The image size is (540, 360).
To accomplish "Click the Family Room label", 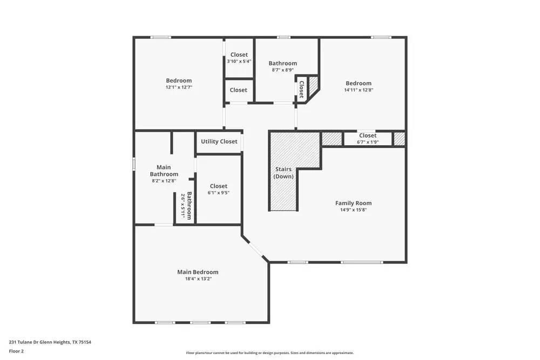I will coord(353,203).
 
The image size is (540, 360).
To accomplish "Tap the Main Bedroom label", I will coord(198,272).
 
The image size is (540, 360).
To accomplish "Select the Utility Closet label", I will coord(219,141).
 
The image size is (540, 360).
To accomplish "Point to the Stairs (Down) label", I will coord(283,173).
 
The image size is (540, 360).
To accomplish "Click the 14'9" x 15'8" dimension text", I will coord(353,210).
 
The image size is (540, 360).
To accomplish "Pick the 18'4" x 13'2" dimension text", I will coord(198,279).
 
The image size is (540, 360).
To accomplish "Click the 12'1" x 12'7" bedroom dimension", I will coord(179,87).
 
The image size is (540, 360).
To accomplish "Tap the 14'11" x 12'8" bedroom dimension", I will coord(359,90).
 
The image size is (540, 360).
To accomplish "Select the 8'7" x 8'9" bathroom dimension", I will coord(282,70).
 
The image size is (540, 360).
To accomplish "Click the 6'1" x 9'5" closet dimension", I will coord(218,193).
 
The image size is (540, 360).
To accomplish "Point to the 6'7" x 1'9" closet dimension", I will coord(368,142).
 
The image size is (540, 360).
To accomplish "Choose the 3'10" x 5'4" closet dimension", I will coord(239,62).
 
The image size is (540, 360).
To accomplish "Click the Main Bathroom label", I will coord(164,171).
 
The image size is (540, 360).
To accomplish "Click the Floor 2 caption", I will coord(16,351).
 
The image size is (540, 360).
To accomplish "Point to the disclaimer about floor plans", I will coord(270,352).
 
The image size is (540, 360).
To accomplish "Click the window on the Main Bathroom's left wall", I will coord(134,164).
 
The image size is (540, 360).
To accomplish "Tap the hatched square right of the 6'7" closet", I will coord(399,139).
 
